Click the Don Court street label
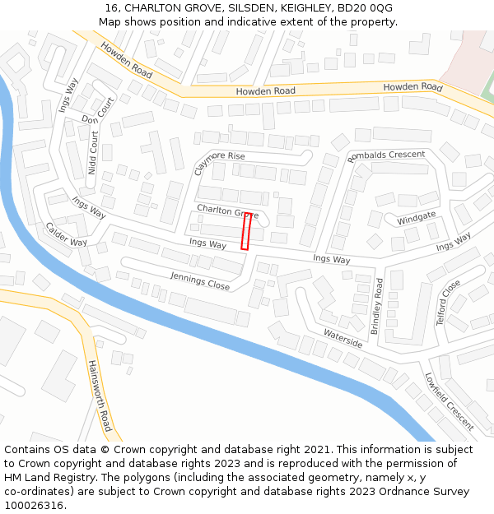99,112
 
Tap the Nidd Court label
93,153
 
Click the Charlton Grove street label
227,212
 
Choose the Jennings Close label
200,280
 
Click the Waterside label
343,338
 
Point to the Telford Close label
449,303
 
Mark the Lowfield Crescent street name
450,401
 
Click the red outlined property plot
245,231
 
